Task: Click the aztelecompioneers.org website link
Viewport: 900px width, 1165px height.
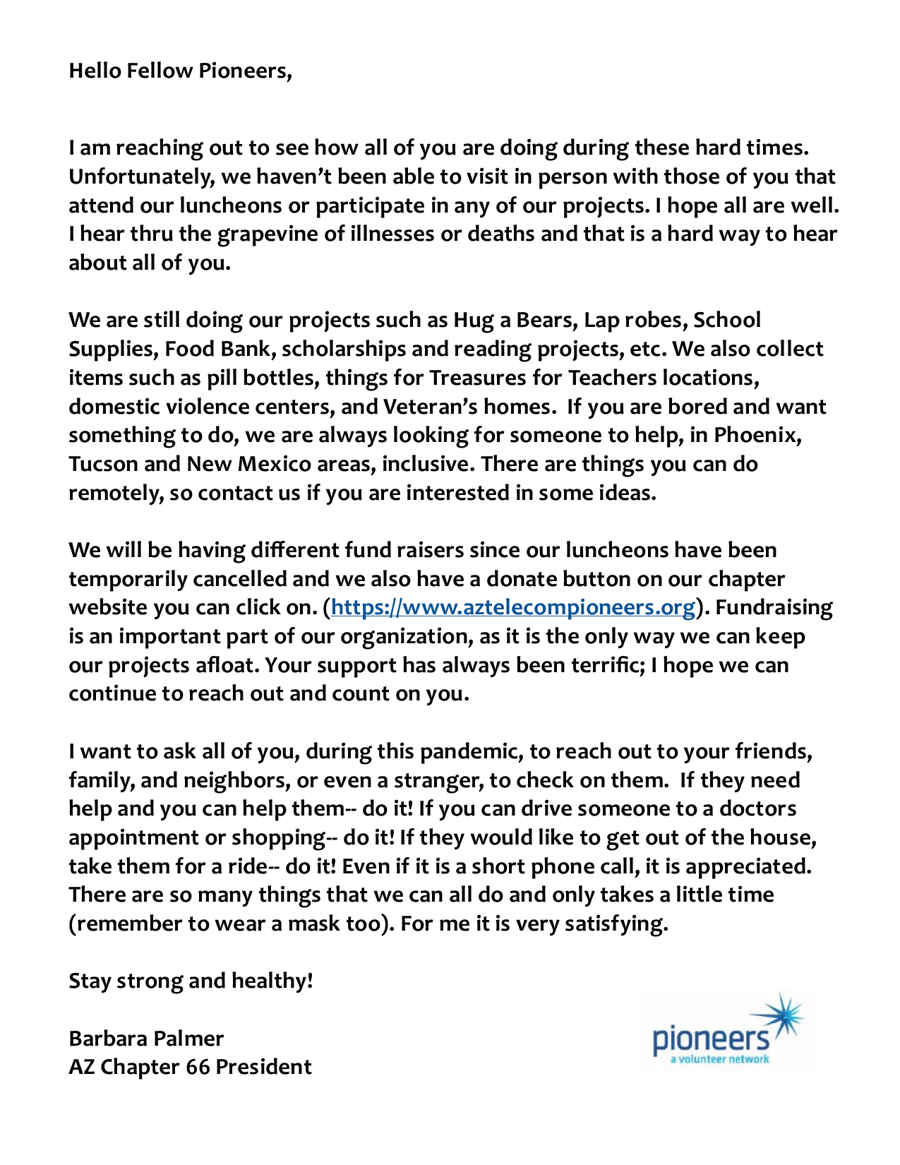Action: (x=513, y=607)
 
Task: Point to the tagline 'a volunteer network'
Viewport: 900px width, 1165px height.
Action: (x=719, y=1059)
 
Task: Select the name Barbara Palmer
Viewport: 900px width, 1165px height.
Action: (x=146, y=1038)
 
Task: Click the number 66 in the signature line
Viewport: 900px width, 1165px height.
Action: (x=198, y=1066)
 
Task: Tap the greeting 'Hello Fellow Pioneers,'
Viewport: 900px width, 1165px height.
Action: (x=180, y=71)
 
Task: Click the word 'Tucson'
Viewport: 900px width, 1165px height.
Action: (x=103, y=464)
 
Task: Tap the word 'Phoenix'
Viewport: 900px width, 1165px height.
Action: (x=757, y=435)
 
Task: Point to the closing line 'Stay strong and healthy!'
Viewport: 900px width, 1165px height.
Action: (x=191, y=981)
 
